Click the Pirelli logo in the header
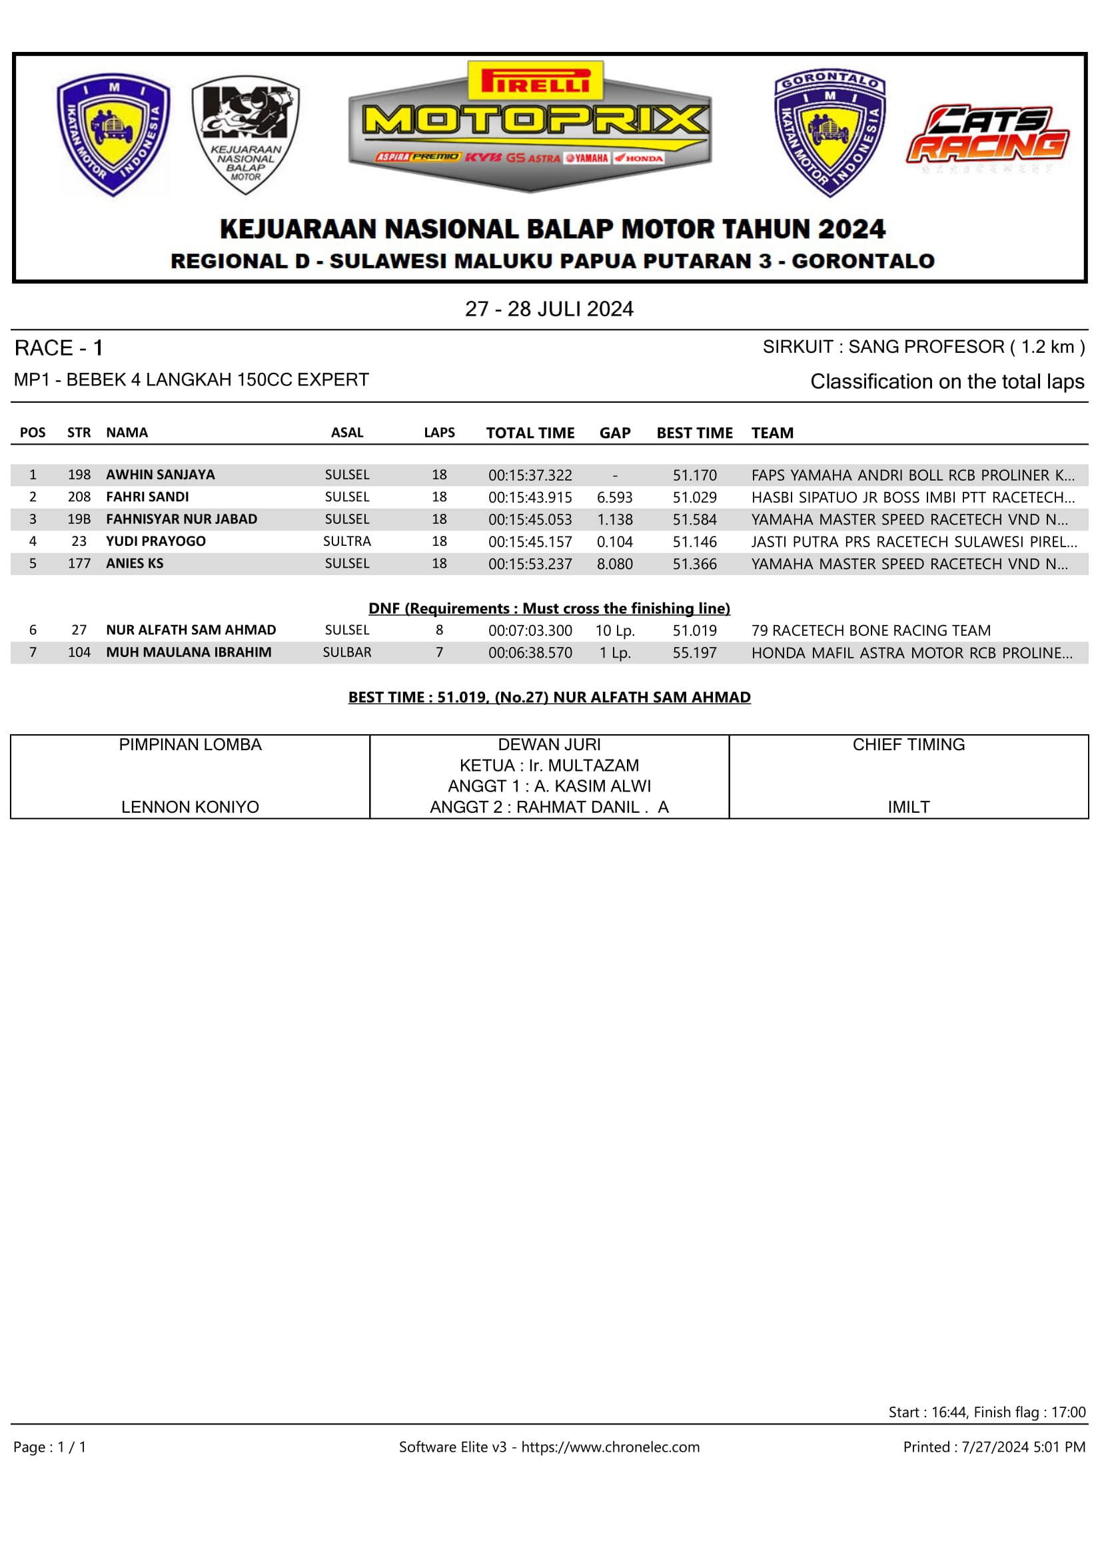534,81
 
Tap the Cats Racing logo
987,136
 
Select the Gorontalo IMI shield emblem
829,132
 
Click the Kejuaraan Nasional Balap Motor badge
245,134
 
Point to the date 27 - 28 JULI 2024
549,310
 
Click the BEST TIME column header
694,433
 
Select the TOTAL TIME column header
530,433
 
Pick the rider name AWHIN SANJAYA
160,475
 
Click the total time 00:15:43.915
530,497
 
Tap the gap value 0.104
614,542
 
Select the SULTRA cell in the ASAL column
346,541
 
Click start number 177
79,564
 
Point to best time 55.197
694,652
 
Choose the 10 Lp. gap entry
615,630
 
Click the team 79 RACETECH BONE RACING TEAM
871,630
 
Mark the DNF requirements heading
549,608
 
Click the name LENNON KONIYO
190,807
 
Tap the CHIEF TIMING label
909,745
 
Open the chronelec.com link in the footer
610,1447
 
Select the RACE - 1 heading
59,349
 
